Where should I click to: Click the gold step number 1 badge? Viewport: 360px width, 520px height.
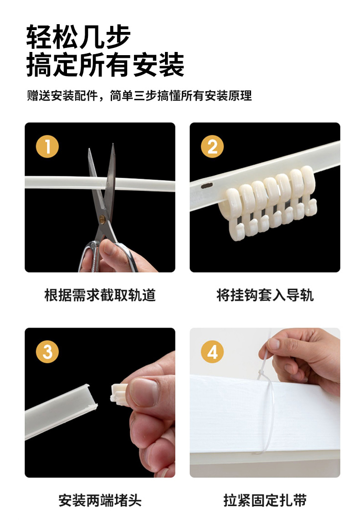point(47,146)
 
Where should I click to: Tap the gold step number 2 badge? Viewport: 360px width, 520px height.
point(212,146)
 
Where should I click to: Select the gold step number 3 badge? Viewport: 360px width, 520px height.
point(47,351)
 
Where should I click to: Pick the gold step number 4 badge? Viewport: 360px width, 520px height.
point(212,351)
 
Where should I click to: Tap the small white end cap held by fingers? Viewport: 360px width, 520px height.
point(119,395)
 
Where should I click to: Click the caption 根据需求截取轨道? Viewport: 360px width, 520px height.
point(100,295)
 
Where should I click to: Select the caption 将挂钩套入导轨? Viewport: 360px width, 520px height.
point(265,295)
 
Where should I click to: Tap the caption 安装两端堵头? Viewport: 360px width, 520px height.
point(100,500)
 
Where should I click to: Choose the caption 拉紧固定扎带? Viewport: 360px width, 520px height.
point(265,500)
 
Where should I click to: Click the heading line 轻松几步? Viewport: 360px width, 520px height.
point(78,36)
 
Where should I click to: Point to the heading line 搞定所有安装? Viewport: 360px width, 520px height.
point(105,64)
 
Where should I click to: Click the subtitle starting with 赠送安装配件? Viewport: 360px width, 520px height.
point(139,96)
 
